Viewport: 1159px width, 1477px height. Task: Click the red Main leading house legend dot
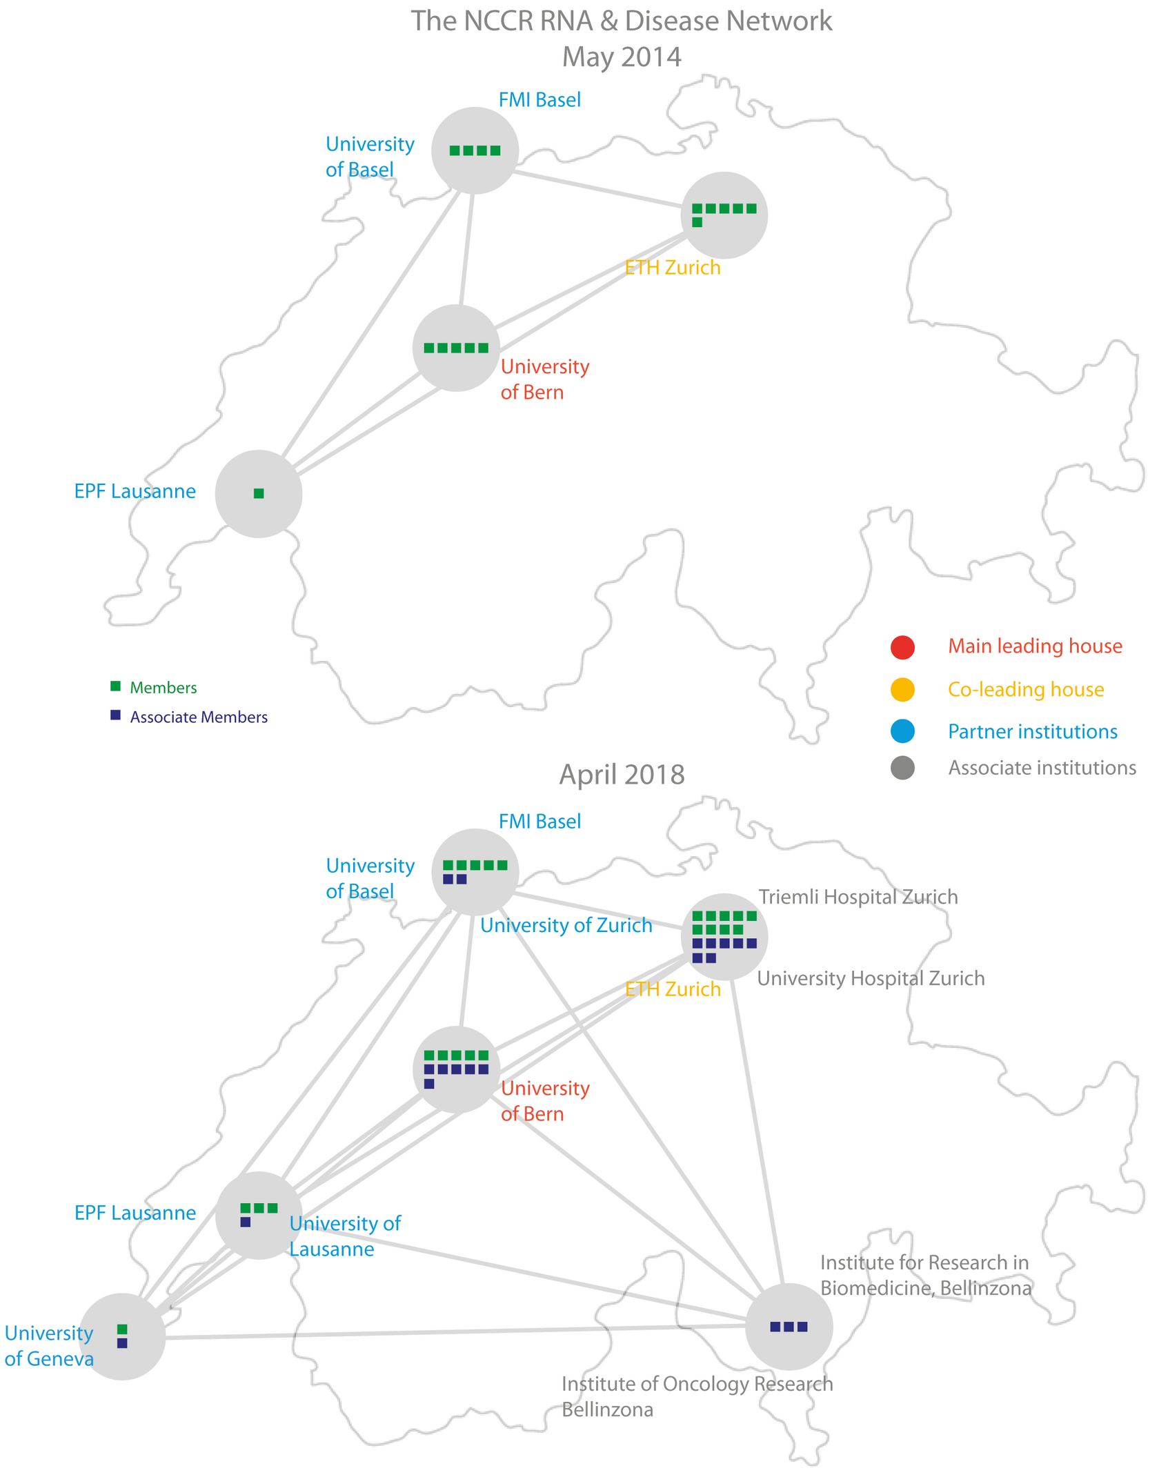click(902, 647)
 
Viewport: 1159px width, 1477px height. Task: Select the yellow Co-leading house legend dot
click(902, 689)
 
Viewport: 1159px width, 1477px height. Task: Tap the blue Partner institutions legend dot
click(902, 731)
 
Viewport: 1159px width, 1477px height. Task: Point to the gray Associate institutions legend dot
click(902, 768)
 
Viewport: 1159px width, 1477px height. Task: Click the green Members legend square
click(115, 686)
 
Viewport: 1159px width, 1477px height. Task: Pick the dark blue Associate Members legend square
click(115, 715)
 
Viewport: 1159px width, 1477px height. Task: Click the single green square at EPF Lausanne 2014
click(259, 493)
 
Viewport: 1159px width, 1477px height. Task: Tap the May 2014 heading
click(622, 57)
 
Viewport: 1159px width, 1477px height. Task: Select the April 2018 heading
click(622, 774)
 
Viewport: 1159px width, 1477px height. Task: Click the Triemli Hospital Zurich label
click(858, 897)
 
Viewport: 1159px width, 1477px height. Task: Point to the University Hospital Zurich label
click(871, 978)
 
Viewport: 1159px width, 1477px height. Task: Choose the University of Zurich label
click(566, 925)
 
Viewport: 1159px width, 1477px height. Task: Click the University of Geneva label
click(49, 1345)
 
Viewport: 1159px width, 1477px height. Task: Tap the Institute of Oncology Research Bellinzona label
click(697, 1396)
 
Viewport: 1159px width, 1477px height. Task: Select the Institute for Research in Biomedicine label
click(925, 1275)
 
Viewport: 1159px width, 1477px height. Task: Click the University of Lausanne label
click(344, 1236)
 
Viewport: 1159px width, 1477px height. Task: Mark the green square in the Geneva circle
click(122, 1329)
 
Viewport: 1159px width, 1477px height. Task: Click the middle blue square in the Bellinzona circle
click(789, 1327)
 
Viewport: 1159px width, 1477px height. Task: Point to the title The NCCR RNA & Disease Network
click(622, 21)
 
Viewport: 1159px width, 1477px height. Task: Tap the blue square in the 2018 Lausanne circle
click(245, 1222)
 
